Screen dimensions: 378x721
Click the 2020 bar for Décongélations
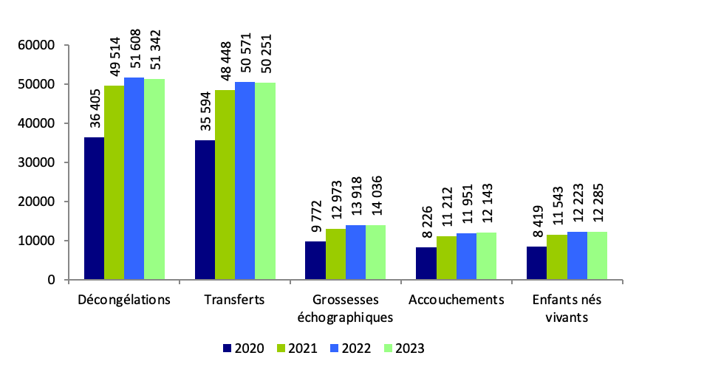point(94,208)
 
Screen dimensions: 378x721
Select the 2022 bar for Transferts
point(245,181)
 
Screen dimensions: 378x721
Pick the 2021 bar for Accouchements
point(446,258)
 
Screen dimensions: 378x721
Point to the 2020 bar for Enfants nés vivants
point(537,263)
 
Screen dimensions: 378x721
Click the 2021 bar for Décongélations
point(114,182)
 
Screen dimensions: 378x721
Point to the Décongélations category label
point(123,300)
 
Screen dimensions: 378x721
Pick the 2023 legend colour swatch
point(389,348)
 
